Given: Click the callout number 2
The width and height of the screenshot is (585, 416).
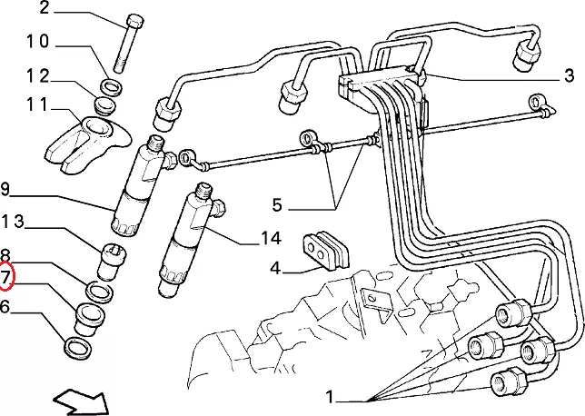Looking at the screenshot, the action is (45, 7).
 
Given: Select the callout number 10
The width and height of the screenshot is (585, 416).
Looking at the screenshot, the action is (37, 41).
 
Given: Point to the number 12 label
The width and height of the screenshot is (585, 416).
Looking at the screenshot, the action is (37, 76).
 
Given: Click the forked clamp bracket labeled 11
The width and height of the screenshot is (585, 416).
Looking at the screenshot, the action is (88, 144).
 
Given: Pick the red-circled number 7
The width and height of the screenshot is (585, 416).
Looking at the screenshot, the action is (5, 277).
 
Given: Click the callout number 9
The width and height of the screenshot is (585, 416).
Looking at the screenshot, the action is (5, 189).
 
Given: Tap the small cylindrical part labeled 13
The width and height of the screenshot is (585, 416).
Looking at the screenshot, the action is (111, 262).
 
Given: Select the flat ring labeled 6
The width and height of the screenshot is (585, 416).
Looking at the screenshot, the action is (77, 348).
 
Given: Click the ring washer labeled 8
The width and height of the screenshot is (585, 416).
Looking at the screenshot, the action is (99, 292).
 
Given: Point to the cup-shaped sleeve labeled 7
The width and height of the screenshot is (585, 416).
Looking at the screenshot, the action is (90, 320).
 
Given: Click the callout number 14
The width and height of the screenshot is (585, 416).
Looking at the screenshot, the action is (271, 238).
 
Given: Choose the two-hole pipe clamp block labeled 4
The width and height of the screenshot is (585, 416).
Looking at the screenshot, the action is (324, 250).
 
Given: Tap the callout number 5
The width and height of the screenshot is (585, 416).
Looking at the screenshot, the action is (276, 205).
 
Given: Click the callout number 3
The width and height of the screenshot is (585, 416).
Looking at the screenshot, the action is (569, 75).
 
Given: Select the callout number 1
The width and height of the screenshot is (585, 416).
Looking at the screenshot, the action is (329, 397).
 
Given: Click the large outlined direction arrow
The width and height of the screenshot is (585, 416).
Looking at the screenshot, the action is (81, 402).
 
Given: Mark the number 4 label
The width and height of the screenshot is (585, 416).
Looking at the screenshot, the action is (274, 268).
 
